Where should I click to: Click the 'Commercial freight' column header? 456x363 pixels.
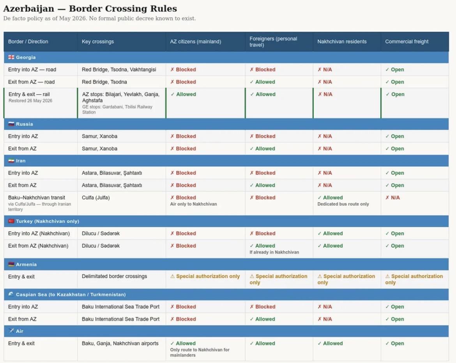pos(407,42)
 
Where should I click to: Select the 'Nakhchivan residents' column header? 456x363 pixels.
pos(342,42)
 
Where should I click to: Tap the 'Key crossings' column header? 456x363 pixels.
pos(98,42)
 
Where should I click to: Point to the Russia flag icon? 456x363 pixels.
pos(11,124)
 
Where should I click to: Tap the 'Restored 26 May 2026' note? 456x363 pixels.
pos(30,101)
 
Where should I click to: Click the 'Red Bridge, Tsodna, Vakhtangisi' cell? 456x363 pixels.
pos(118,69)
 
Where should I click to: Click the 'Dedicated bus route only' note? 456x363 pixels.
pos(343,204)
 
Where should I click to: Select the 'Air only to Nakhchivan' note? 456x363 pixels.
pos(193,204)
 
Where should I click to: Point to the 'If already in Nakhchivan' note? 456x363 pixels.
pos(274,252)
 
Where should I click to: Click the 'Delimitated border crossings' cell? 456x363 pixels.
pos(114,276)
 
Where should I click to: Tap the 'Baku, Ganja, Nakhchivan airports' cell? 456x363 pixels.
pos(120,343)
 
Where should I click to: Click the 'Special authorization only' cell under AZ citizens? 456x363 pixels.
pos(205,276)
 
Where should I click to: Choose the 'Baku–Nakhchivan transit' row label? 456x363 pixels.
pos(37,198)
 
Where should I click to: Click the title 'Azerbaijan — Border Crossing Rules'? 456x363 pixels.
pos(90,9)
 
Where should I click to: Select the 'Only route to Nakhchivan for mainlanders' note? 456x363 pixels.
pos(200,352)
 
